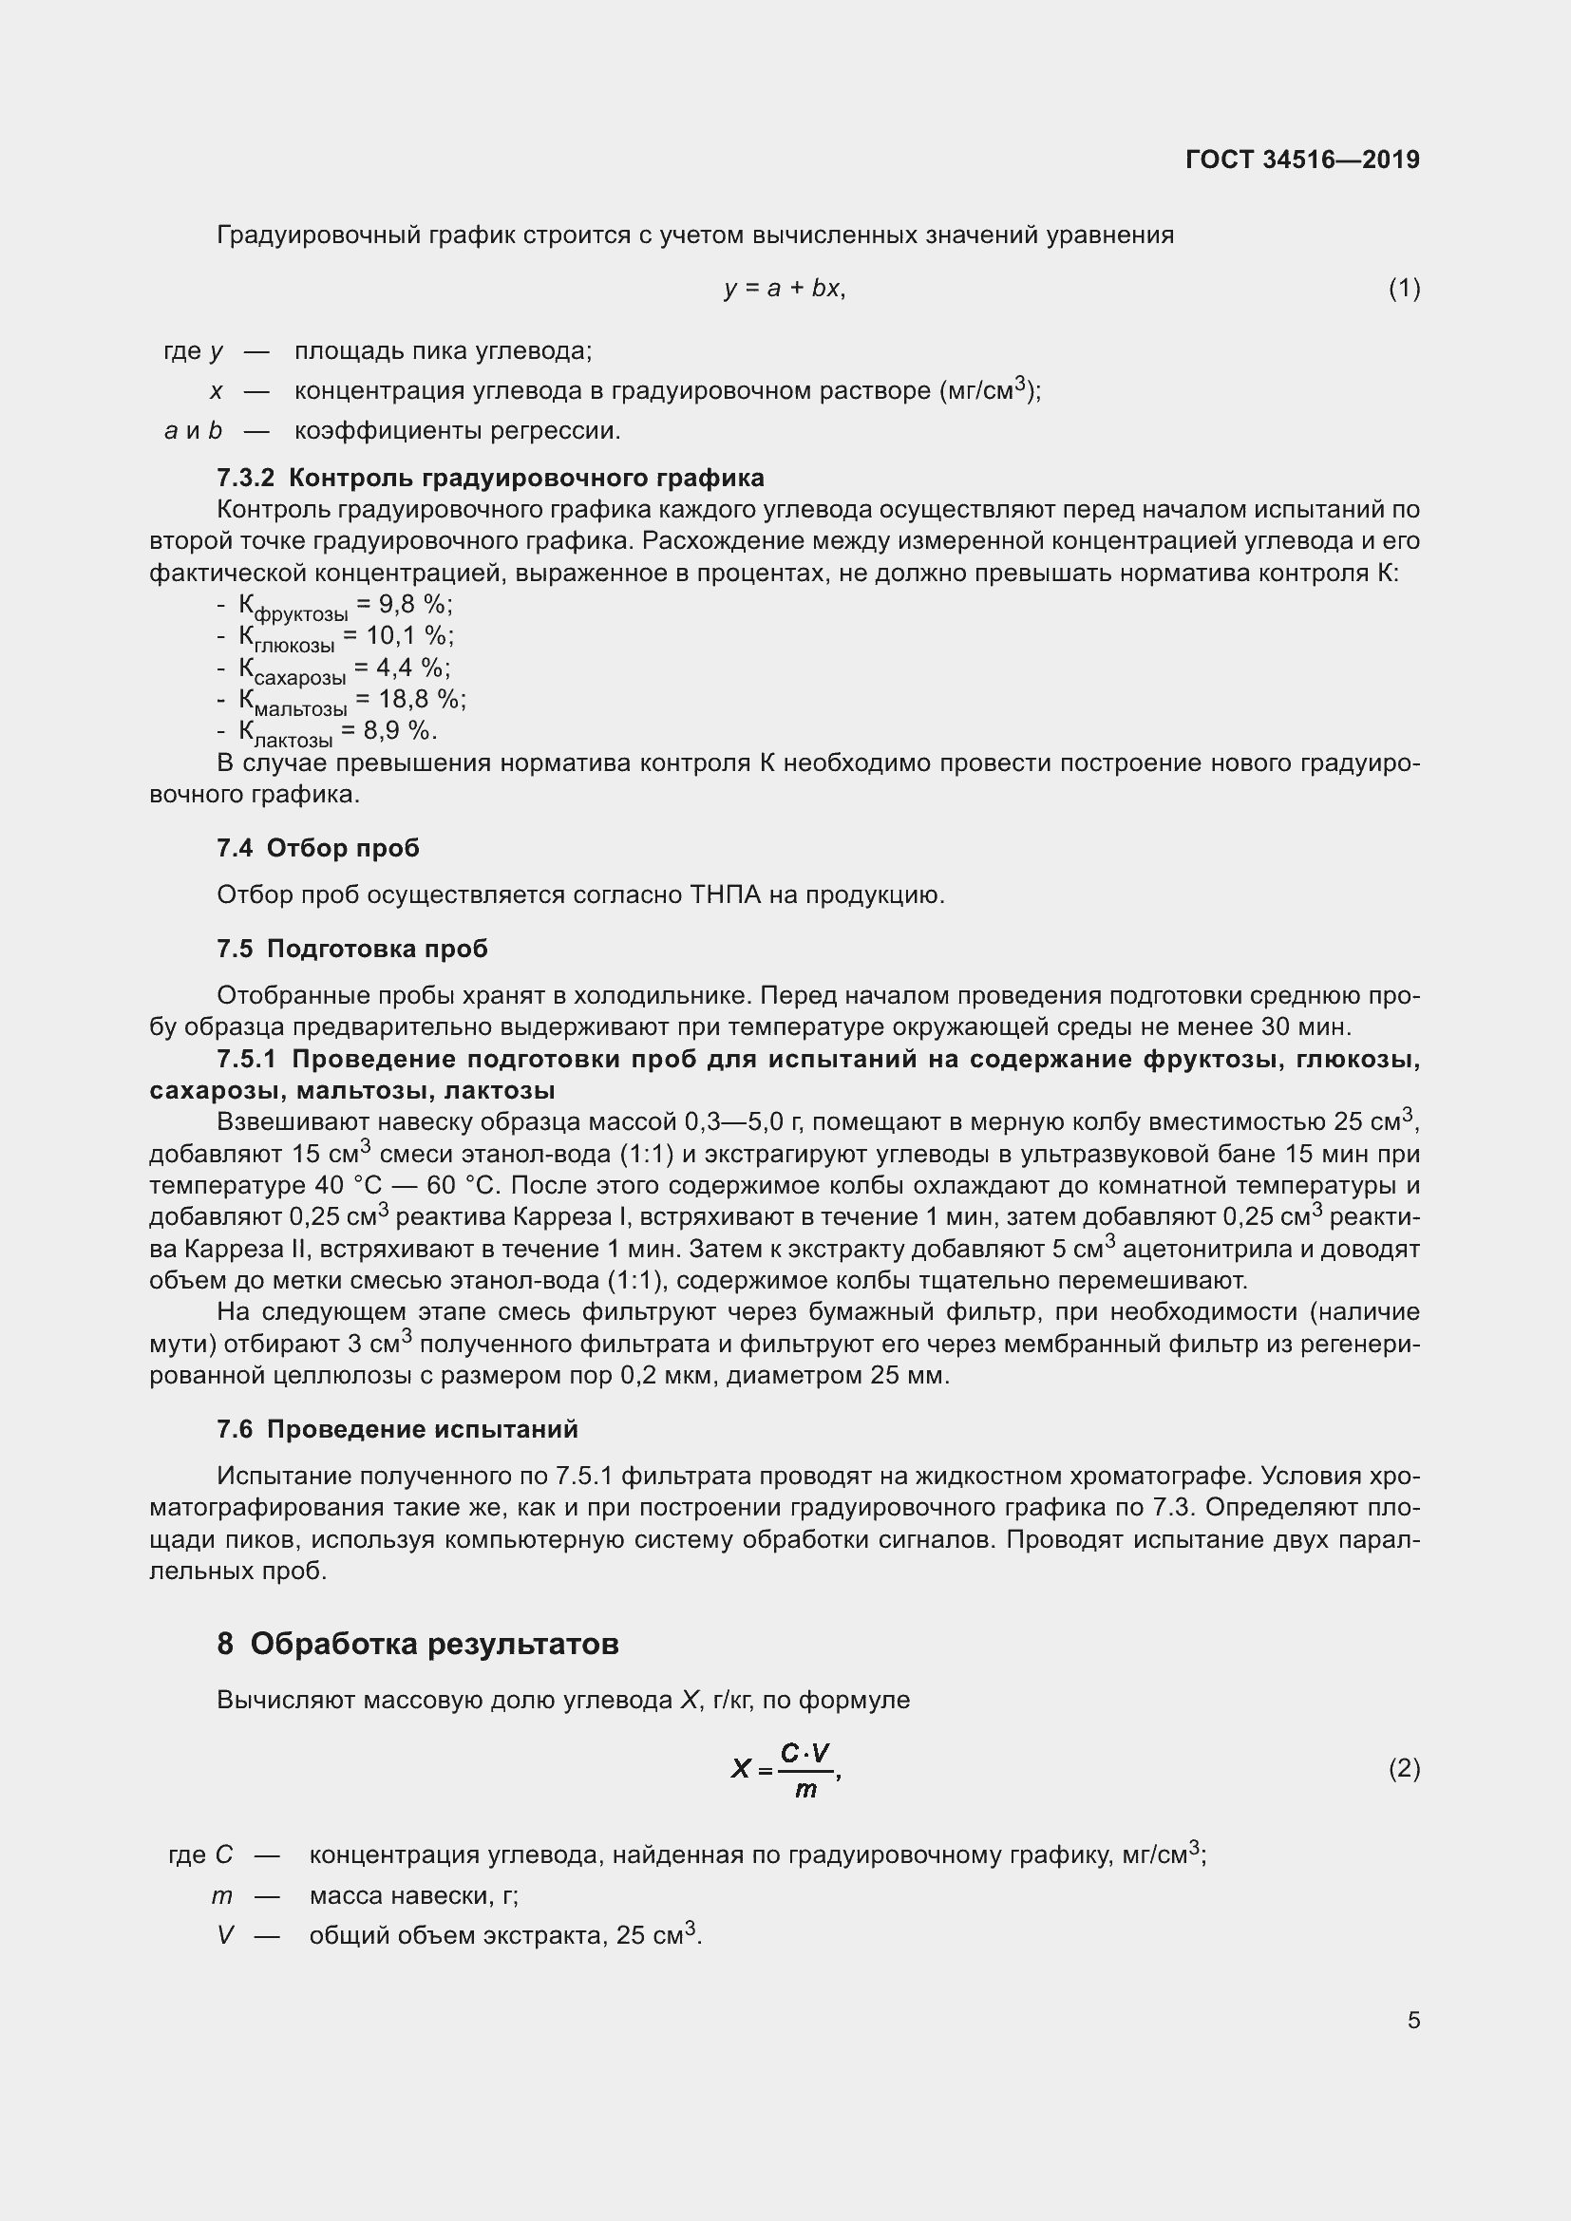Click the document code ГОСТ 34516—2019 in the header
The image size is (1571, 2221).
(x=1301, y=160)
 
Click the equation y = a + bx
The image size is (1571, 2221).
(x=785, y=289)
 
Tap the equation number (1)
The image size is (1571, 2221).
(x=1404, y=289)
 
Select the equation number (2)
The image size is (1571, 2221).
(x=1404, y=1768)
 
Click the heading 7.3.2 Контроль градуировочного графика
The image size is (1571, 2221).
(x=490, y=478)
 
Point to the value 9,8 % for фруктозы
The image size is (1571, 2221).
(x=415, y=605)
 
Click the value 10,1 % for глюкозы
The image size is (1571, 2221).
(x=409, y=635)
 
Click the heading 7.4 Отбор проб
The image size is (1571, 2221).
(x=318, y=848)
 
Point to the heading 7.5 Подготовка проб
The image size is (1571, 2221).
(x=352, y=949)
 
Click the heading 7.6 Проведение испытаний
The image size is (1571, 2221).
(x=398, y=1429)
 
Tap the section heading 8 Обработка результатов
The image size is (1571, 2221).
(x=418, y=1644)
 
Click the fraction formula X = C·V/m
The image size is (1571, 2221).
(x=785, y=1769)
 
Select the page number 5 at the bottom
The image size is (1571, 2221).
(x=1413, y=2020)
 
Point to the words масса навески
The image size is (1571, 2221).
(x=403, y=1895)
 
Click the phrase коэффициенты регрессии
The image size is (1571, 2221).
(x=457, y=430)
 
